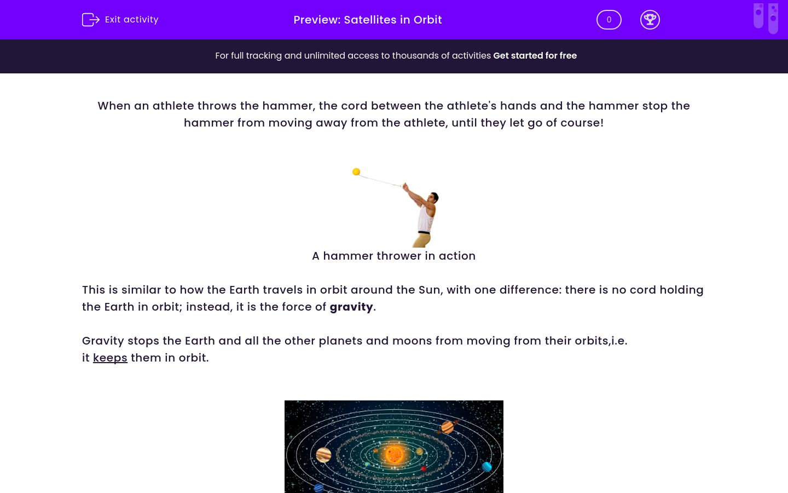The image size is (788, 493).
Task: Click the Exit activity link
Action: tap(120, 20)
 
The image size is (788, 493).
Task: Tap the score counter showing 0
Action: tap(609, 20)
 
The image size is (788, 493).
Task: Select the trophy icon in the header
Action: tap(650, 20)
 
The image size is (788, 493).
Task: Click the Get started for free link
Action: tap(535, 56)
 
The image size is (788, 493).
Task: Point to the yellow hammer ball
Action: tap(356, 172)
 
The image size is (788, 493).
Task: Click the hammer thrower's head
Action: tap(433, 197)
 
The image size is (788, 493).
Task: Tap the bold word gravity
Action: tap(351, 307)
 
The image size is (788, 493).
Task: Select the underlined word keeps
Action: tap(110, 358)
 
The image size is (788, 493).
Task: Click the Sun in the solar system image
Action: tap(394, 454)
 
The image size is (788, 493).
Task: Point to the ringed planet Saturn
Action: tap(448, 427)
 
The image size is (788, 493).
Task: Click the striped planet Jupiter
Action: tap(323, 455)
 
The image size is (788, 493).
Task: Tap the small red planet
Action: tap(424, 468)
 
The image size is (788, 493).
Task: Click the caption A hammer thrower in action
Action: tap(393, 256)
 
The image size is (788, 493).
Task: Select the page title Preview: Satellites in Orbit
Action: tap(367, 20)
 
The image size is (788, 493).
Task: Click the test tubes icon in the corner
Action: tap(766, 18)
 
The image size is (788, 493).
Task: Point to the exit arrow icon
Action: tap(90, 20)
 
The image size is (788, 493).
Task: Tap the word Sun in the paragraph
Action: tap(429, 290)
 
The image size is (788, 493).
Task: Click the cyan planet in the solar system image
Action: tap(486, 467)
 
